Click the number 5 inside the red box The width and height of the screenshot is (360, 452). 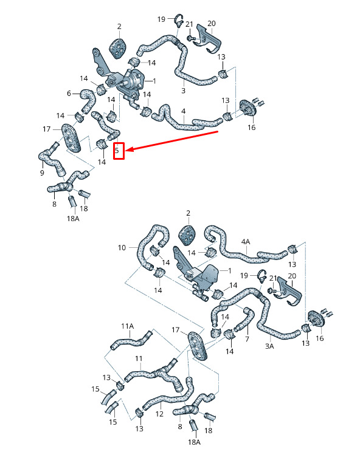tap(117, 151)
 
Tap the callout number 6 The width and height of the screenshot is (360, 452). tap(69, 94)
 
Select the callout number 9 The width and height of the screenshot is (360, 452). tap(42, 173)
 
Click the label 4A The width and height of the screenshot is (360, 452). tap(246, 242)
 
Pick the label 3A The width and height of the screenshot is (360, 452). tap(269, 346)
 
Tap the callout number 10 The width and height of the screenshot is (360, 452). tap(122, 248)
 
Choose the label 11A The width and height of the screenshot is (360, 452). tap(128, 326)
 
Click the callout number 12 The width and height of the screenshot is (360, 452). tap(159, 414)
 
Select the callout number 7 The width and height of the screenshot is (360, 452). tap(247, 339)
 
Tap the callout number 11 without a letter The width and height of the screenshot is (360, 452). tap(139, 358)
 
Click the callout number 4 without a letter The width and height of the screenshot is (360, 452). tap(184, 111)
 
